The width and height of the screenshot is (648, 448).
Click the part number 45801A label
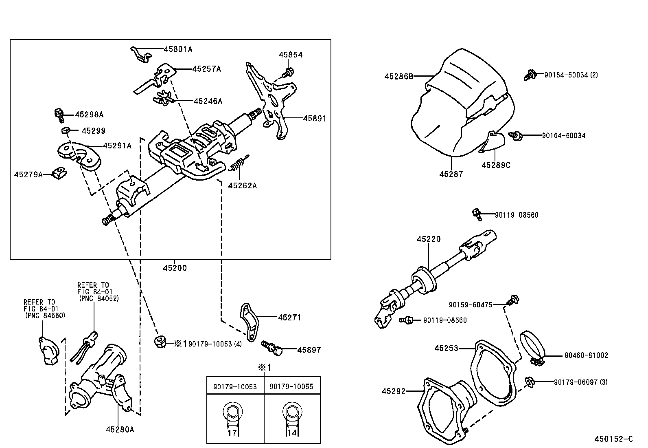178,49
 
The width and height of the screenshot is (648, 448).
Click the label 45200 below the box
175,268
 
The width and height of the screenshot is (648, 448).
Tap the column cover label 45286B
398,76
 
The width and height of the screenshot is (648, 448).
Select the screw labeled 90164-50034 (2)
529,75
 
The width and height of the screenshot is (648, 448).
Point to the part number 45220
428,239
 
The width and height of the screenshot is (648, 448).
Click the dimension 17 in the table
232,433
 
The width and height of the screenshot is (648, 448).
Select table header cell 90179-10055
291,386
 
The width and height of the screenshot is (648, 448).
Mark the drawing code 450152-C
613,439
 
